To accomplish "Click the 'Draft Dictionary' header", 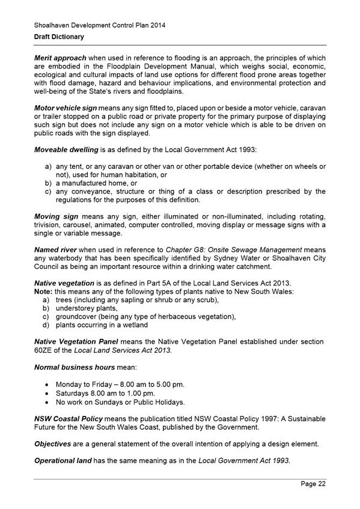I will (58, 37).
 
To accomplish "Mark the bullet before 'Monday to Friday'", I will (47, 384).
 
